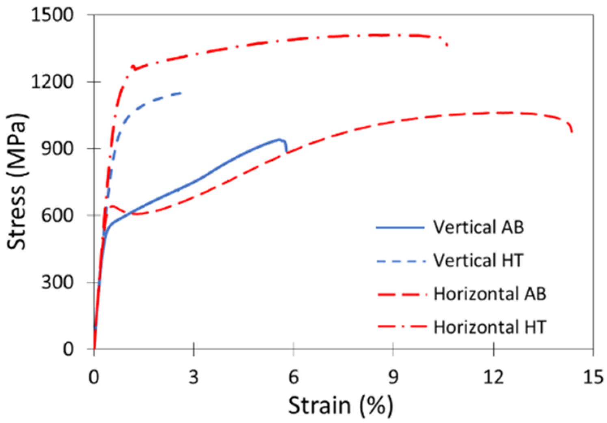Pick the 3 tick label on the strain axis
194,378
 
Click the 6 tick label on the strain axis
294,378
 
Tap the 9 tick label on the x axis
393,378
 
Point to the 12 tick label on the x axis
493,378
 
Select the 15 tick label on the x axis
593,378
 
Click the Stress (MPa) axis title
17,181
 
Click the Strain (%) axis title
341,405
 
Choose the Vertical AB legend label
478,227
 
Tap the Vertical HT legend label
478,261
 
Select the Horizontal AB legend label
490,294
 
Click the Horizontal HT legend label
490,327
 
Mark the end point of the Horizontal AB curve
572,132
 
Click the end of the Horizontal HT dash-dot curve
447,45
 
